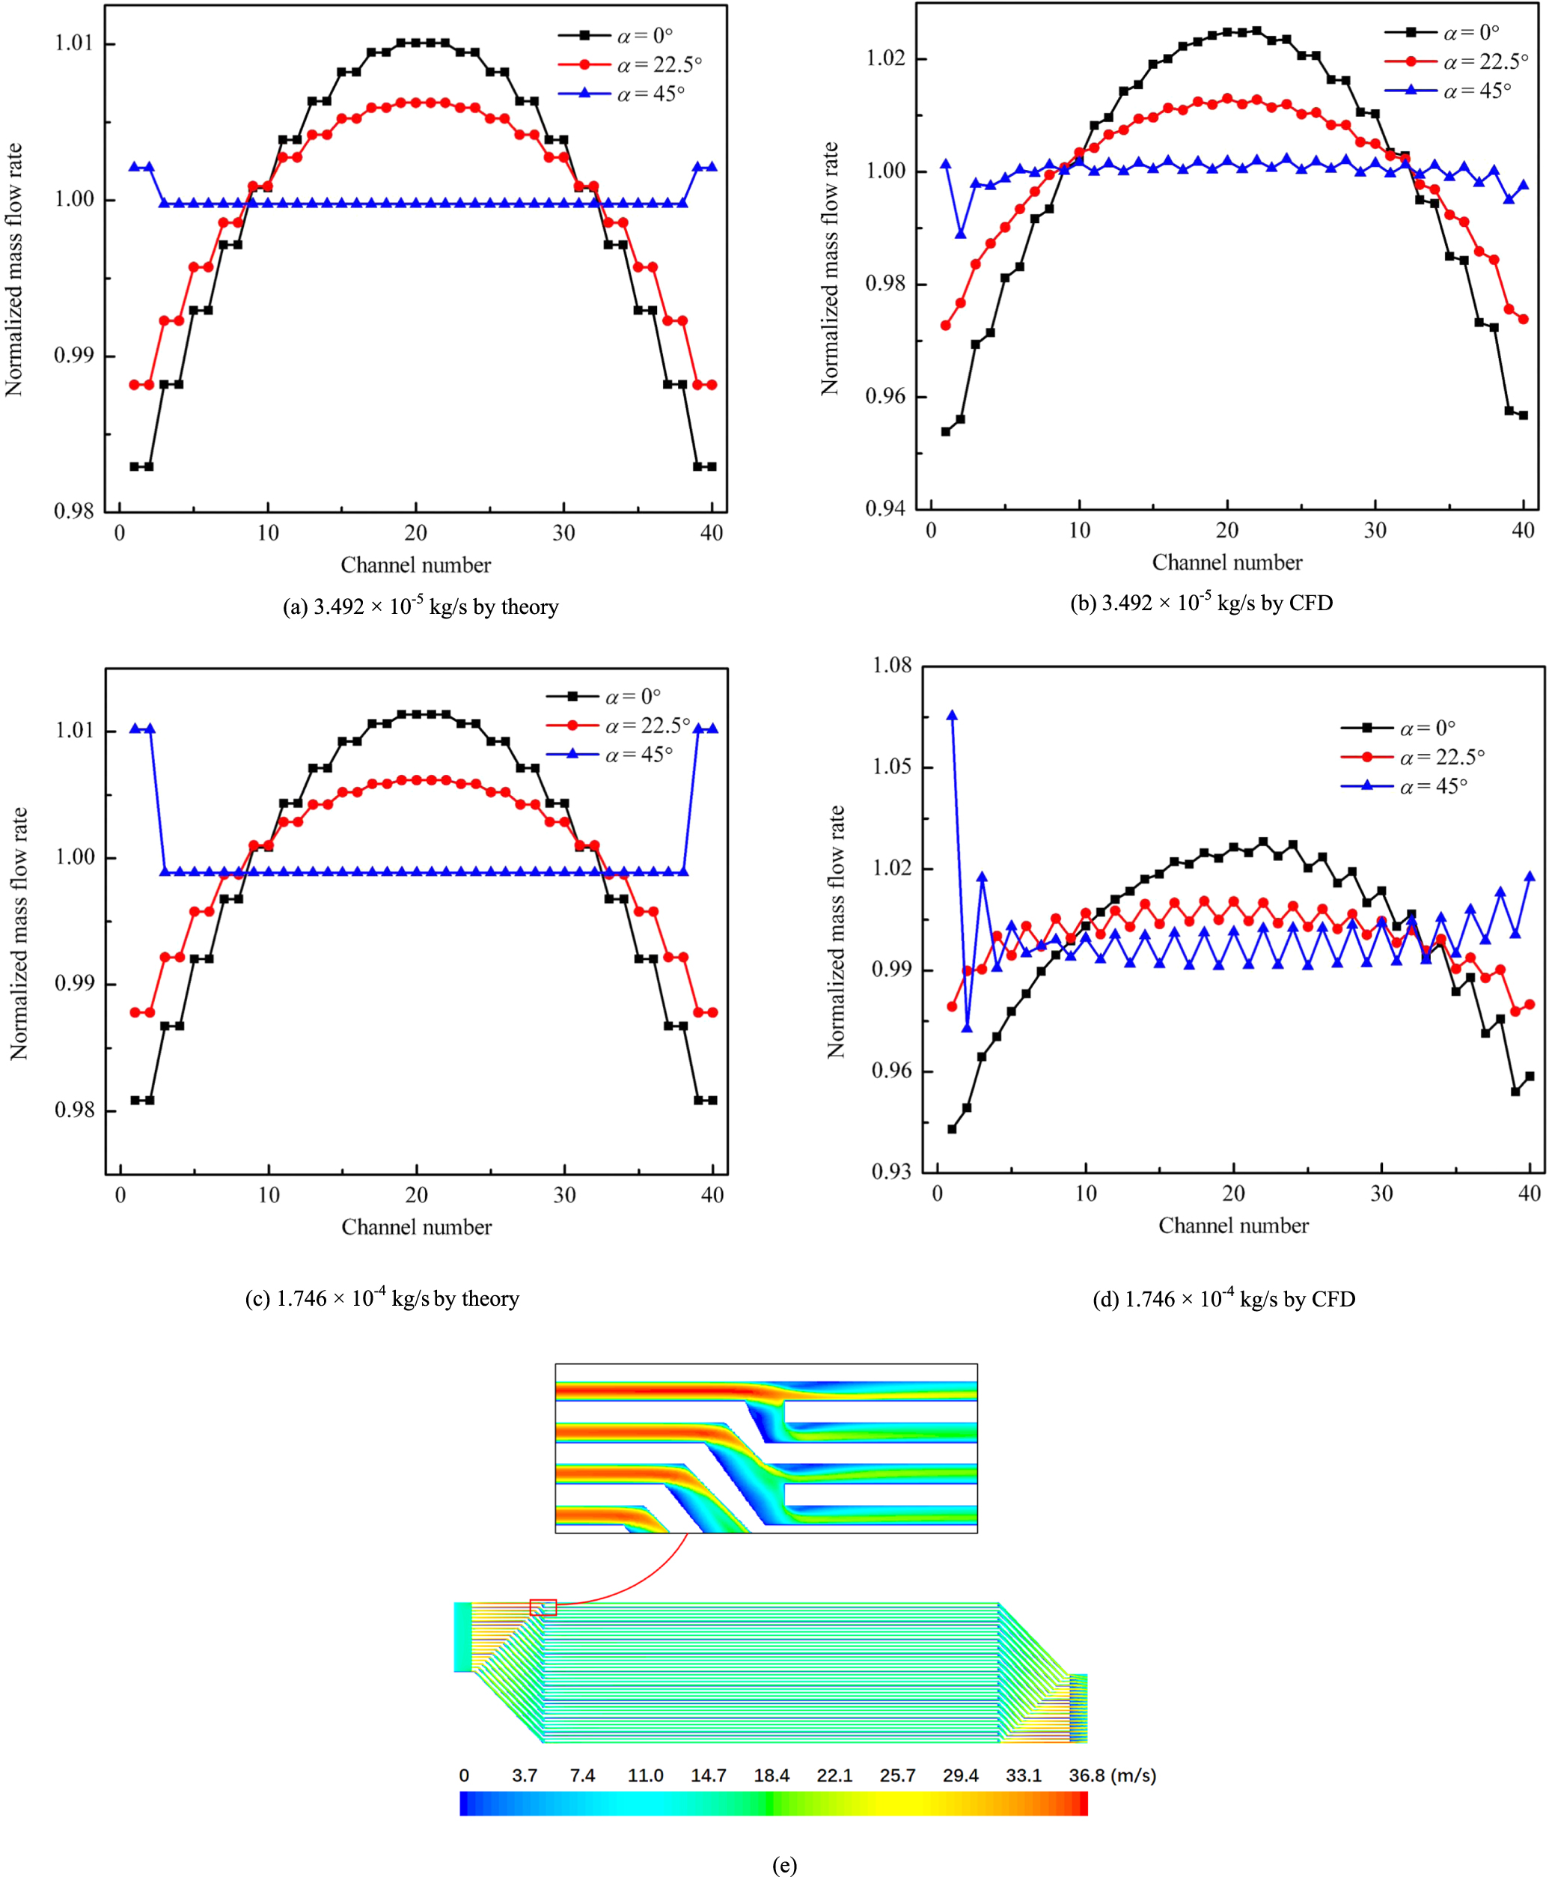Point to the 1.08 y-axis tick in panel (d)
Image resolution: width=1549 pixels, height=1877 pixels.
pos(891,665)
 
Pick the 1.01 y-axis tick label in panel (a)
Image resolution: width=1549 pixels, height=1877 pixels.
pos(73,43)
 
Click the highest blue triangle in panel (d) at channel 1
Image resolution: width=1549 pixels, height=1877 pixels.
pos(952,716)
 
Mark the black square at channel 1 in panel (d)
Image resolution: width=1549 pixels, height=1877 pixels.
pos(952,1129)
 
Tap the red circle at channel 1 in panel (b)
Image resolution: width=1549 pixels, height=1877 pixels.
pos(946,326)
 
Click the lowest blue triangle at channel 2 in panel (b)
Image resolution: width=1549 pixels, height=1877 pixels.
pos(961,234)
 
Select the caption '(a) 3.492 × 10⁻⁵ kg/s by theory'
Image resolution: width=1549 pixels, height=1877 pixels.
pos(421,607)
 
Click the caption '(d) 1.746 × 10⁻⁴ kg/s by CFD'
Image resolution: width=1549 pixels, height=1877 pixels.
pos(1223,1299)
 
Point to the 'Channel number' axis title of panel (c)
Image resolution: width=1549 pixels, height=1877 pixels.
pos(416,1227)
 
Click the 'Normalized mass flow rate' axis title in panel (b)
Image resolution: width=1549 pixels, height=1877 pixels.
pos(830,268)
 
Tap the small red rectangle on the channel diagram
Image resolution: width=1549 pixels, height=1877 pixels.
pos(543,1607)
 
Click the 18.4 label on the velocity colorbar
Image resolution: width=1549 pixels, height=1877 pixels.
pos(771,1775)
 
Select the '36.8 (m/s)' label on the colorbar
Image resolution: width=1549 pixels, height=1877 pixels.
pos(1112,1775)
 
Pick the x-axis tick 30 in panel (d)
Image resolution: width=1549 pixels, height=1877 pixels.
pos(1381,1193)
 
